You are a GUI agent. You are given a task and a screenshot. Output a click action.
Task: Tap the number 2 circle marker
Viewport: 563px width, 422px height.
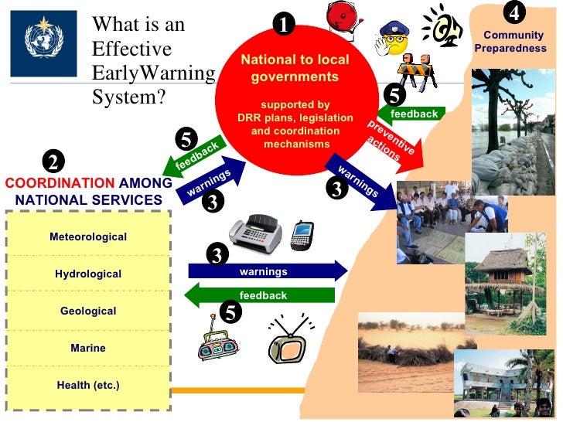[x=53, y=162]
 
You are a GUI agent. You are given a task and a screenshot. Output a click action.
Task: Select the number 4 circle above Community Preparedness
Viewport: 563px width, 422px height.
[x=514, y=13]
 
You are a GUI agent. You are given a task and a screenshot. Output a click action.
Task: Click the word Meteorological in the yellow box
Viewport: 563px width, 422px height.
[x=87, y=237]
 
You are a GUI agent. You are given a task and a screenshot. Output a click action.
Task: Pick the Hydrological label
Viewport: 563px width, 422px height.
[x=87, y=274]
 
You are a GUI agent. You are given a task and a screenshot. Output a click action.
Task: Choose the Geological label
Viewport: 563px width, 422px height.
[x=87, y=311]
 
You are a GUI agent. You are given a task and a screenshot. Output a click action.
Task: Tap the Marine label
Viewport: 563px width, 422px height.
[x=87, y=348]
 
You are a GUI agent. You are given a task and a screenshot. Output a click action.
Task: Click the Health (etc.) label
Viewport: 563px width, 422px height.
[x=87, y=385]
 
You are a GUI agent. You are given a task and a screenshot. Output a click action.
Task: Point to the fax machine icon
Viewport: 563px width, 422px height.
[x=256, y=231]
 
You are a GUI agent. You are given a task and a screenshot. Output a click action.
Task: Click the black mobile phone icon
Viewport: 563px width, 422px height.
[x=301, y=236]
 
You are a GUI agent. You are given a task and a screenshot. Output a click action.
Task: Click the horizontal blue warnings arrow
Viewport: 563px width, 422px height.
[x=268, y=271]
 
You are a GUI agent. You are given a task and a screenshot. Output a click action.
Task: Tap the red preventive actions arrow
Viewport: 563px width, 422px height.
[x=394, y=143]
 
